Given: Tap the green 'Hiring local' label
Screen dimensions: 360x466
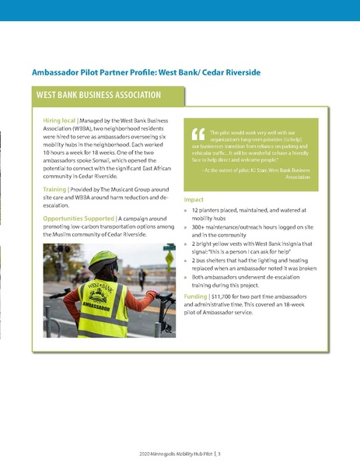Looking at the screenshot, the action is (59, 122).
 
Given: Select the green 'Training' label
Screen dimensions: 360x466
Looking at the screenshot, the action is (54, 189).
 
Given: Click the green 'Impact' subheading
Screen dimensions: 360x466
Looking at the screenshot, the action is (194, 200).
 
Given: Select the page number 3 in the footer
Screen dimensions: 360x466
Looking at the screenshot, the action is (220, 452).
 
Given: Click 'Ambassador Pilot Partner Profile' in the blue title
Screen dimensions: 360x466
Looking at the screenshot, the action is (93, 72).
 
